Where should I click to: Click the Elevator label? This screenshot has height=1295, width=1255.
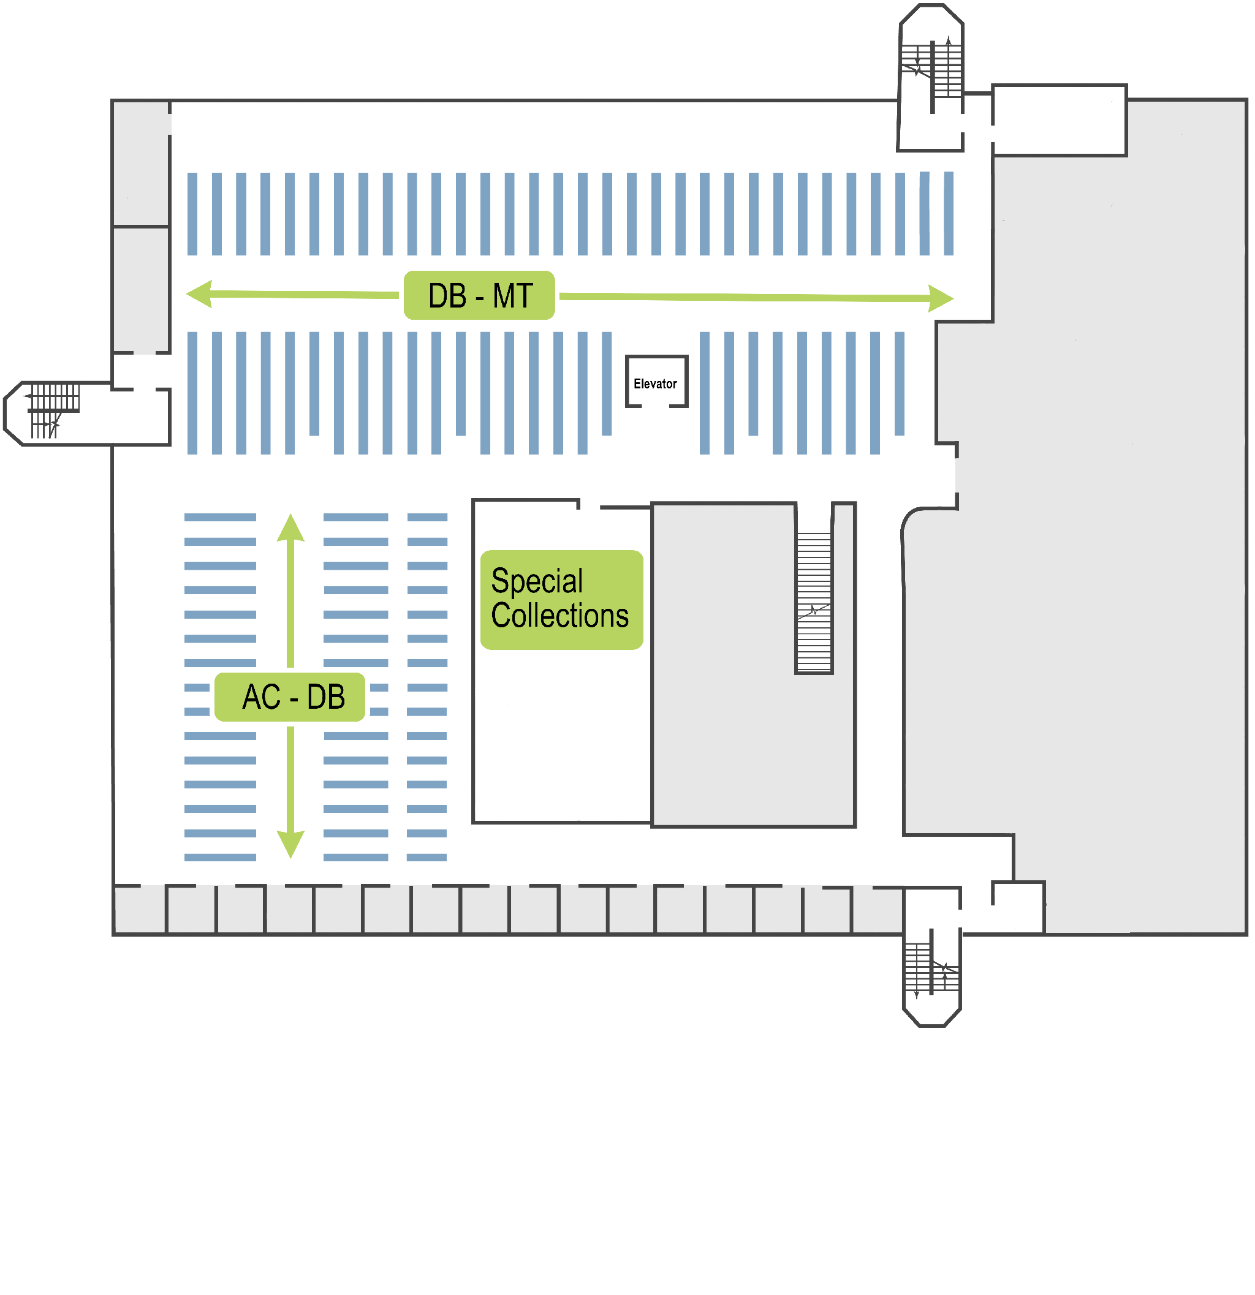tap(655, 384)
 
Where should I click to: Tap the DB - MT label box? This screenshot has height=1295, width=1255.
tap(479, 295)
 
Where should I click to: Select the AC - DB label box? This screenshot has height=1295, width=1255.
tap(289, 697)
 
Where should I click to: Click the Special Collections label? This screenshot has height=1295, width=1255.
tap(561, 599)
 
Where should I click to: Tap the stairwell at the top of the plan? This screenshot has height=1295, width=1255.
tap(931, 73)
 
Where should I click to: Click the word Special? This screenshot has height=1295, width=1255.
tap(537, 581)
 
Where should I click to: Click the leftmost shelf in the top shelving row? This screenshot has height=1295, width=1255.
tap(192, 214)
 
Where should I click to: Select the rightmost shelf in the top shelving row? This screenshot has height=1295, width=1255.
tap(949, 213)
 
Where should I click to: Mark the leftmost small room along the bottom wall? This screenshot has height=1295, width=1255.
tap(140, 910)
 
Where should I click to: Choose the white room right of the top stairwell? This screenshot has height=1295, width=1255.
tap(1059, 120)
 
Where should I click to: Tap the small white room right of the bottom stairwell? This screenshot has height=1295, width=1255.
tap(1018, 907)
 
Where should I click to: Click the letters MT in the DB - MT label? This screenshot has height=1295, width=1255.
tap(513, 295)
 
